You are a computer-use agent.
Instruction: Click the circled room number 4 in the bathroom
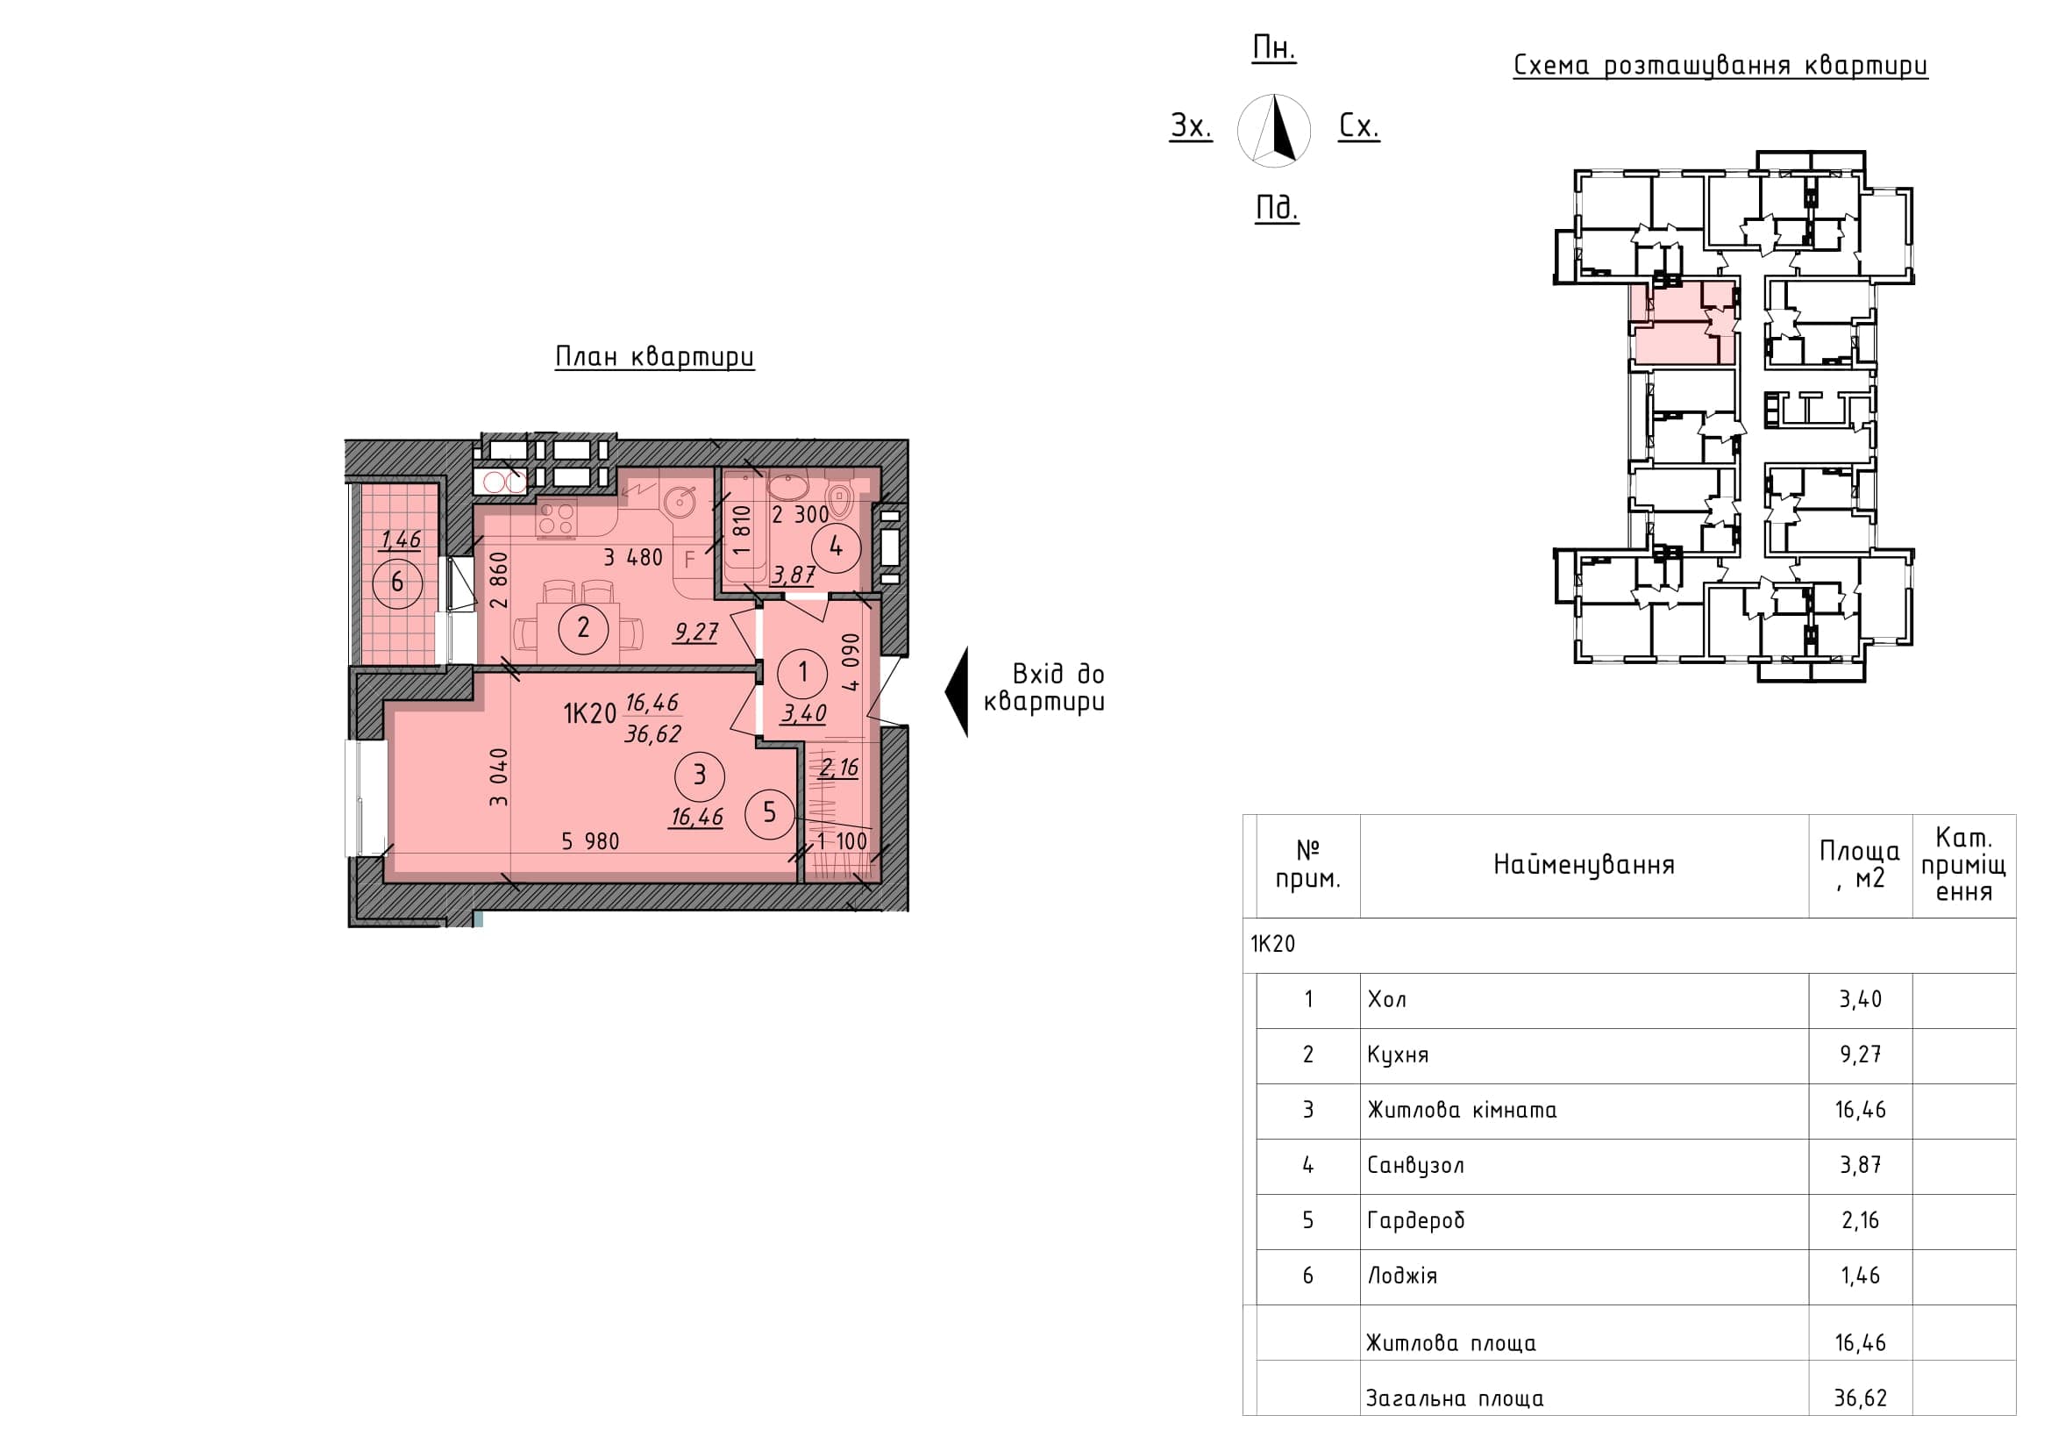point(836,546)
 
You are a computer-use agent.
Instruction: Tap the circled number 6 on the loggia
point(397,583)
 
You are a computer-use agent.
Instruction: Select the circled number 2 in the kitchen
point(583,627)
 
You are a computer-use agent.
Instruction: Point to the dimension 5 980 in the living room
point(590,840)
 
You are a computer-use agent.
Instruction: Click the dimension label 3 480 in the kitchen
point(633,558)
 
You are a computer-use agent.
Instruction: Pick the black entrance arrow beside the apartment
point(957,691)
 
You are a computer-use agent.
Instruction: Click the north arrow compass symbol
point(1275,131)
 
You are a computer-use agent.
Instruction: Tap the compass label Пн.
point(1275,49)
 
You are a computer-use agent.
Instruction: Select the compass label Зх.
point(1192,127)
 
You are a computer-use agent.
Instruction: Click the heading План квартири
point(655,356)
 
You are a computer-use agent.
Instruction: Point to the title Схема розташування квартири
point(1720,66)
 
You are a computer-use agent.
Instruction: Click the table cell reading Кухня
point(1398,1055)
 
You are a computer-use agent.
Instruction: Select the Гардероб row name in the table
point(1416,1220)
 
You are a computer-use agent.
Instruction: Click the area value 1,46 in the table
point(1861,1275)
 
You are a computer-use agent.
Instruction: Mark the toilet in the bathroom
point(841,501)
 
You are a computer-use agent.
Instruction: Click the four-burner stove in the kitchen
point(557,519)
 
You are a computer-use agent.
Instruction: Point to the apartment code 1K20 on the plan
point(589,714)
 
